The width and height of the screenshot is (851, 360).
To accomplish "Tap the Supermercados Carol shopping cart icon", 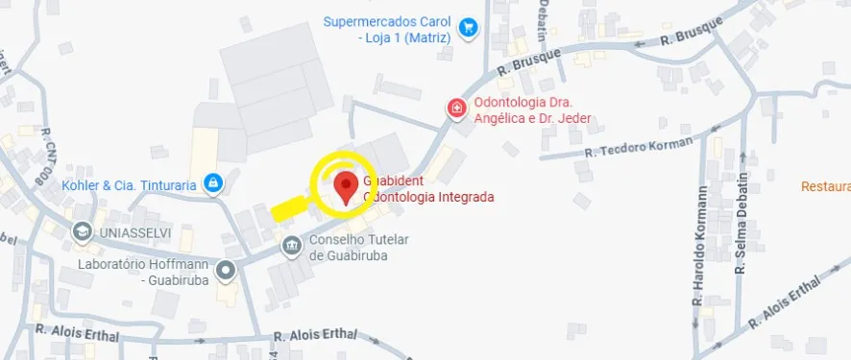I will (x=468, y=28).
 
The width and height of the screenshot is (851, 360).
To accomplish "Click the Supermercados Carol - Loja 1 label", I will (x=387, y=30).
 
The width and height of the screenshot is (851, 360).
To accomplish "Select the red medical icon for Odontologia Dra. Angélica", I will (x=455, y=108).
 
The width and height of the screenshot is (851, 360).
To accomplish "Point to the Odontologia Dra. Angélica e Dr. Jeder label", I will (x=530, y=110).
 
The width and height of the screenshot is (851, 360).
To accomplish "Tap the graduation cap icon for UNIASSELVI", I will (x=84, y=231).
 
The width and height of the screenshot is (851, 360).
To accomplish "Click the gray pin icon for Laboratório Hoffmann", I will (x=226, y=272).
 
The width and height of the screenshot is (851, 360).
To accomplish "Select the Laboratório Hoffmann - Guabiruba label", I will (x=147, y=272).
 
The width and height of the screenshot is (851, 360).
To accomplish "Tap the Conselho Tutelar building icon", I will (x=290, y=247).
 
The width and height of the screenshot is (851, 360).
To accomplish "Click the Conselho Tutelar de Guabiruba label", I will (x=359, y=247).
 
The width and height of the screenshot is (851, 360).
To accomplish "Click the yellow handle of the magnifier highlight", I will (x=289, y=207).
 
